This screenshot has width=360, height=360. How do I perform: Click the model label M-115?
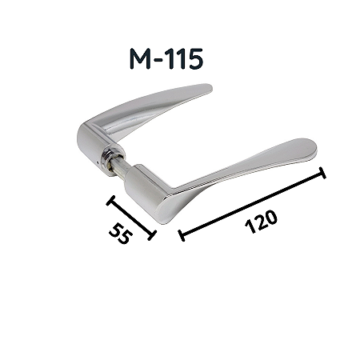click(x=166, y=59)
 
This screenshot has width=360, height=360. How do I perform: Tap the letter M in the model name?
click(x=140, y=59)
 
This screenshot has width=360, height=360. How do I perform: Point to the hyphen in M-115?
click(x=158, y=61)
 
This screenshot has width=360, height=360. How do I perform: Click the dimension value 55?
click(x=121, y=234)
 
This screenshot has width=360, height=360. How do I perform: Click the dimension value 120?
click(x=261, y=222)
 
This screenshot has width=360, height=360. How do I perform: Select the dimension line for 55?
click(x=131, y=218)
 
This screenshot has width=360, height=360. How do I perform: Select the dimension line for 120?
click(x=253, y=204)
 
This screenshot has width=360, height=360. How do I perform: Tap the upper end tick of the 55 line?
click(x=110, y=201)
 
